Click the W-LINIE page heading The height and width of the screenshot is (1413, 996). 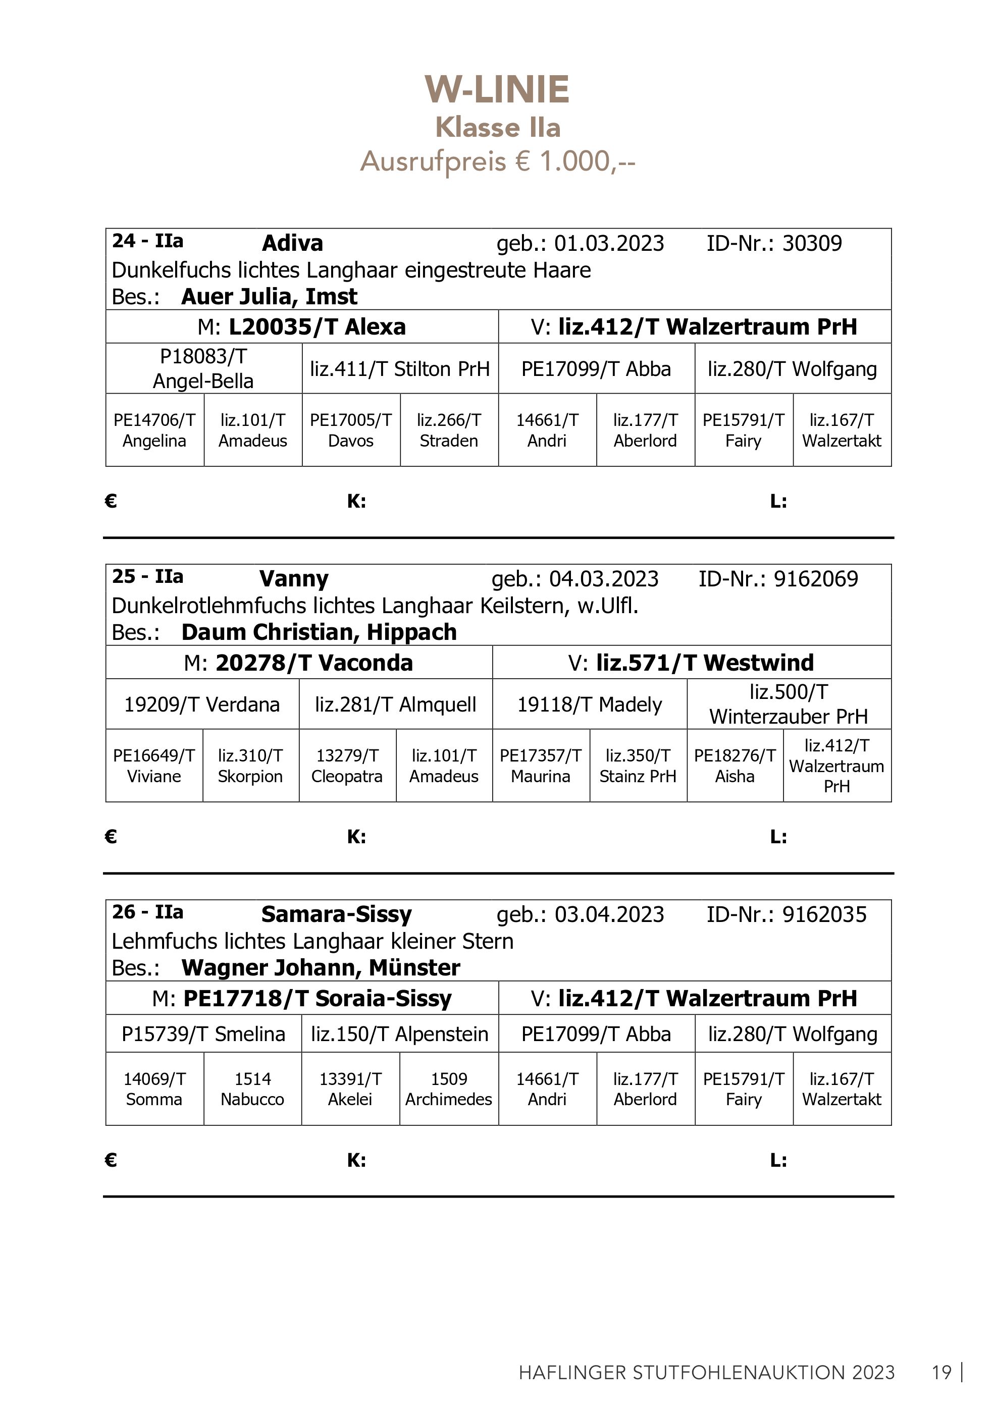[497, 90]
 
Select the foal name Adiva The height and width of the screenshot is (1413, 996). [292, 243]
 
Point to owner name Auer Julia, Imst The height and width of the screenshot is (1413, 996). [269, 297]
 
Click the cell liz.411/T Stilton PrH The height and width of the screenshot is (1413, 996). [399, 368]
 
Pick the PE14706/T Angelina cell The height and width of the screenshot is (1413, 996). [154, 430]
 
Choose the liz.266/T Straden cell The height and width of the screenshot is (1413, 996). [449, 430]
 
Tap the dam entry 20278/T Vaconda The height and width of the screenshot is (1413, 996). [314, 662]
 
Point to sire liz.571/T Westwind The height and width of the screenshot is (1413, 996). [705, 662]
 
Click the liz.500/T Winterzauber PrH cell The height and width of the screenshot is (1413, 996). [789, 704]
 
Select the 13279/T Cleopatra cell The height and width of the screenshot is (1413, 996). [347, 766]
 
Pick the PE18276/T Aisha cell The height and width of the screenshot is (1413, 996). [735, 766]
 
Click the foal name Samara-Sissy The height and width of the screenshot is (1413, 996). [336, 914]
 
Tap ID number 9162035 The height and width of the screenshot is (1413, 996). [824, 914]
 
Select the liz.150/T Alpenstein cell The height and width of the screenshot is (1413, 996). [399, 1034]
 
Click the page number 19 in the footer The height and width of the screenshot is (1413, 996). [941, 1373]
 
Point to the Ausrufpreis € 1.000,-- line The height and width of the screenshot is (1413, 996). [497, 161]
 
